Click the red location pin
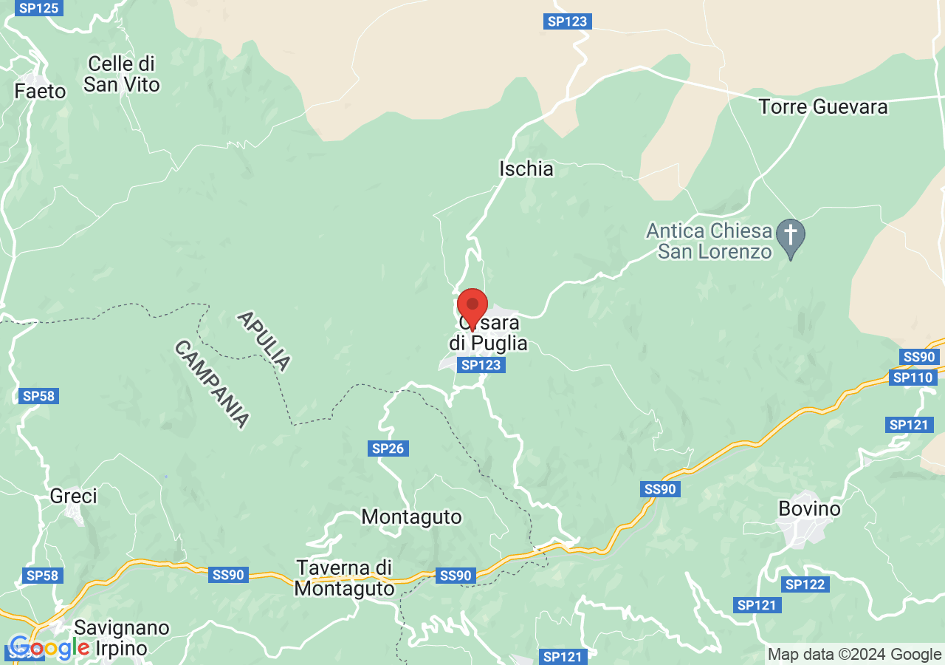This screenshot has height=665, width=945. [472, 307]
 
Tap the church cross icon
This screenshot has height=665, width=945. [791, 236]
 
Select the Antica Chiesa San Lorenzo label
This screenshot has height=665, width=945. [709, 241]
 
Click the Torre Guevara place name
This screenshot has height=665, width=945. [823, 107]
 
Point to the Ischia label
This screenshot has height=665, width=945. [526, 169]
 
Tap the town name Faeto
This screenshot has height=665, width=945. [40, 92]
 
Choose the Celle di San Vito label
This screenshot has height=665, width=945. [121, 74]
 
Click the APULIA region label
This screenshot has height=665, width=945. [264, 341]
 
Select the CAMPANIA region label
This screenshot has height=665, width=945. [211, 383]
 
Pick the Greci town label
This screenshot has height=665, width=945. [74, 496]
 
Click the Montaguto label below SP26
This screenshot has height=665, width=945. [411, 516]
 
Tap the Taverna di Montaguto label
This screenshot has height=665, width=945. [344, 579]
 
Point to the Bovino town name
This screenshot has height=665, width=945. [810, 509]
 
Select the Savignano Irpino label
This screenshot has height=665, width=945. [122, 638]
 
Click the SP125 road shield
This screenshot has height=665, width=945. [38, 8]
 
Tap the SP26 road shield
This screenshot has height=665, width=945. [388, 448]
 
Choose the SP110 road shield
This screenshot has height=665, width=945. [913, 378]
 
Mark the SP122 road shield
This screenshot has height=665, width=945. [804, 584]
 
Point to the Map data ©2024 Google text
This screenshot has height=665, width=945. [854, 654]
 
